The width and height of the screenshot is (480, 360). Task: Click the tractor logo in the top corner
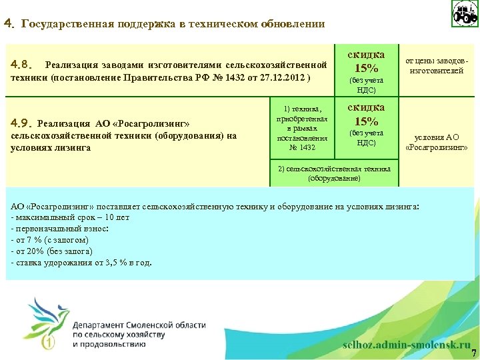tap(465, 13)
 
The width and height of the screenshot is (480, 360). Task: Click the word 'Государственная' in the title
tap(60, 24)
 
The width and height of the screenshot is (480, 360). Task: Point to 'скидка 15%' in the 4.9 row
tap(366, 115)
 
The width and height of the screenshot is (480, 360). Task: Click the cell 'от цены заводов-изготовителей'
tap(437, 66)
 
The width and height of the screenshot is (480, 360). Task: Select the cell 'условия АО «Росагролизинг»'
tap(437, 142)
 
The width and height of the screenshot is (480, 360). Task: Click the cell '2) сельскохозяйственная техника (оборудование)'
tap(335, 174)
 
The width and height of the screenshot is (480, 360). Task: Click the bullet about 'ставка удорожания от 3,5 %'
tap(81, 262)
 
